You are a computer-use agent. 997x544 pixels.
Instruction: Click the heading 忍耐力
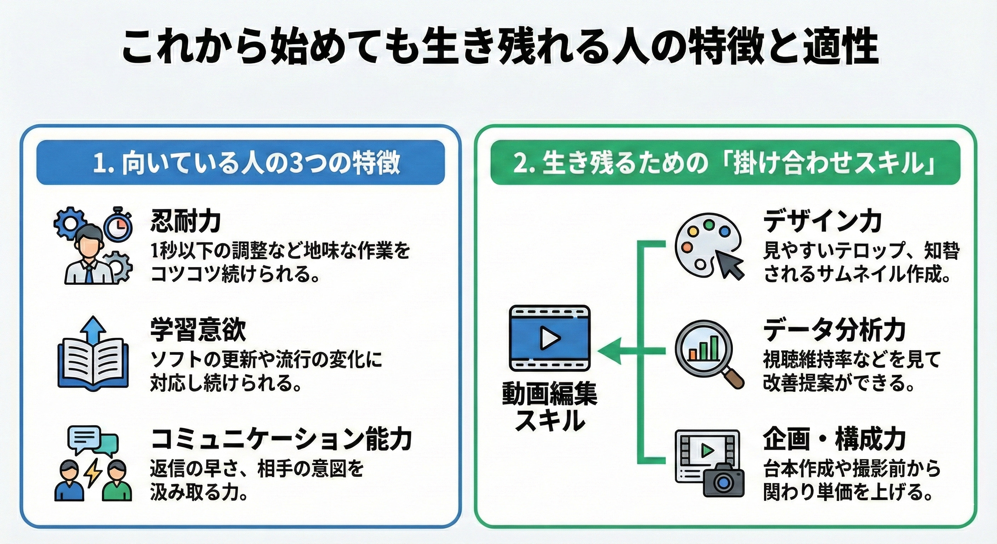tap(186, 221)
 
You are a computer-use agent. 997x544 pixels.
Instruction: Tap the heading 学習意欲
tap(198, 330)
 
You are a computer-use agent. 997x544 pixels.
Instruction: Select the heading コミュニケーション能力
tap(281, 439)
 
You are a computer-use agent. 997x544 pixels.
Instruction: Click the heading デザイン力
tap(822, 221)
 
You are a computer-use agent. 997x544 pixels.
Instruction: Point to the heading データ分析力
tap(834, 330)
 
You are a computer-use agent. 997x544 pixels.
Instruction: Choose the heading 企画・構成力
tap(834, 439)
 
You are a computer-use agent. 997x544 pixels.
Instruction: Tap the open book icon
tap(93, 364)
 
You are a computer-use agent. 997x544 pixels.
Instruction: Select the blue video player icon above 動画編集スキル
tap(549, 338)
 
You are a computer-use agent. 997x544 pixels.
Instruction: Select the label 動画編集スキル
tap(549, 407)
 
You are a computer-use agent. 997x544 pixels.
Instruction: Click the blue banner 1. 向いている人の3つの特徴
tap(240, 162)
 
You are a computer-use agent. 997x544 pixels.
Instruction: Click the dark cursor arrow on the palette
tap(730, 263)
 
